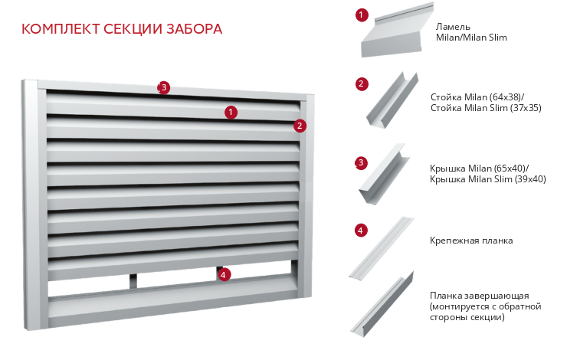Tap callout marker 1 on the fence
coord(231,112)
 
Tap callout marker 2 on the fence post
coord(300,126)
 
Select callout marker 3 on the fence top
coord(163,87)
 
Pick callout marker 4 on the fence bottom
coord(223,273)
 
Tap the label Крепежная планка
coord(471,241)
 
